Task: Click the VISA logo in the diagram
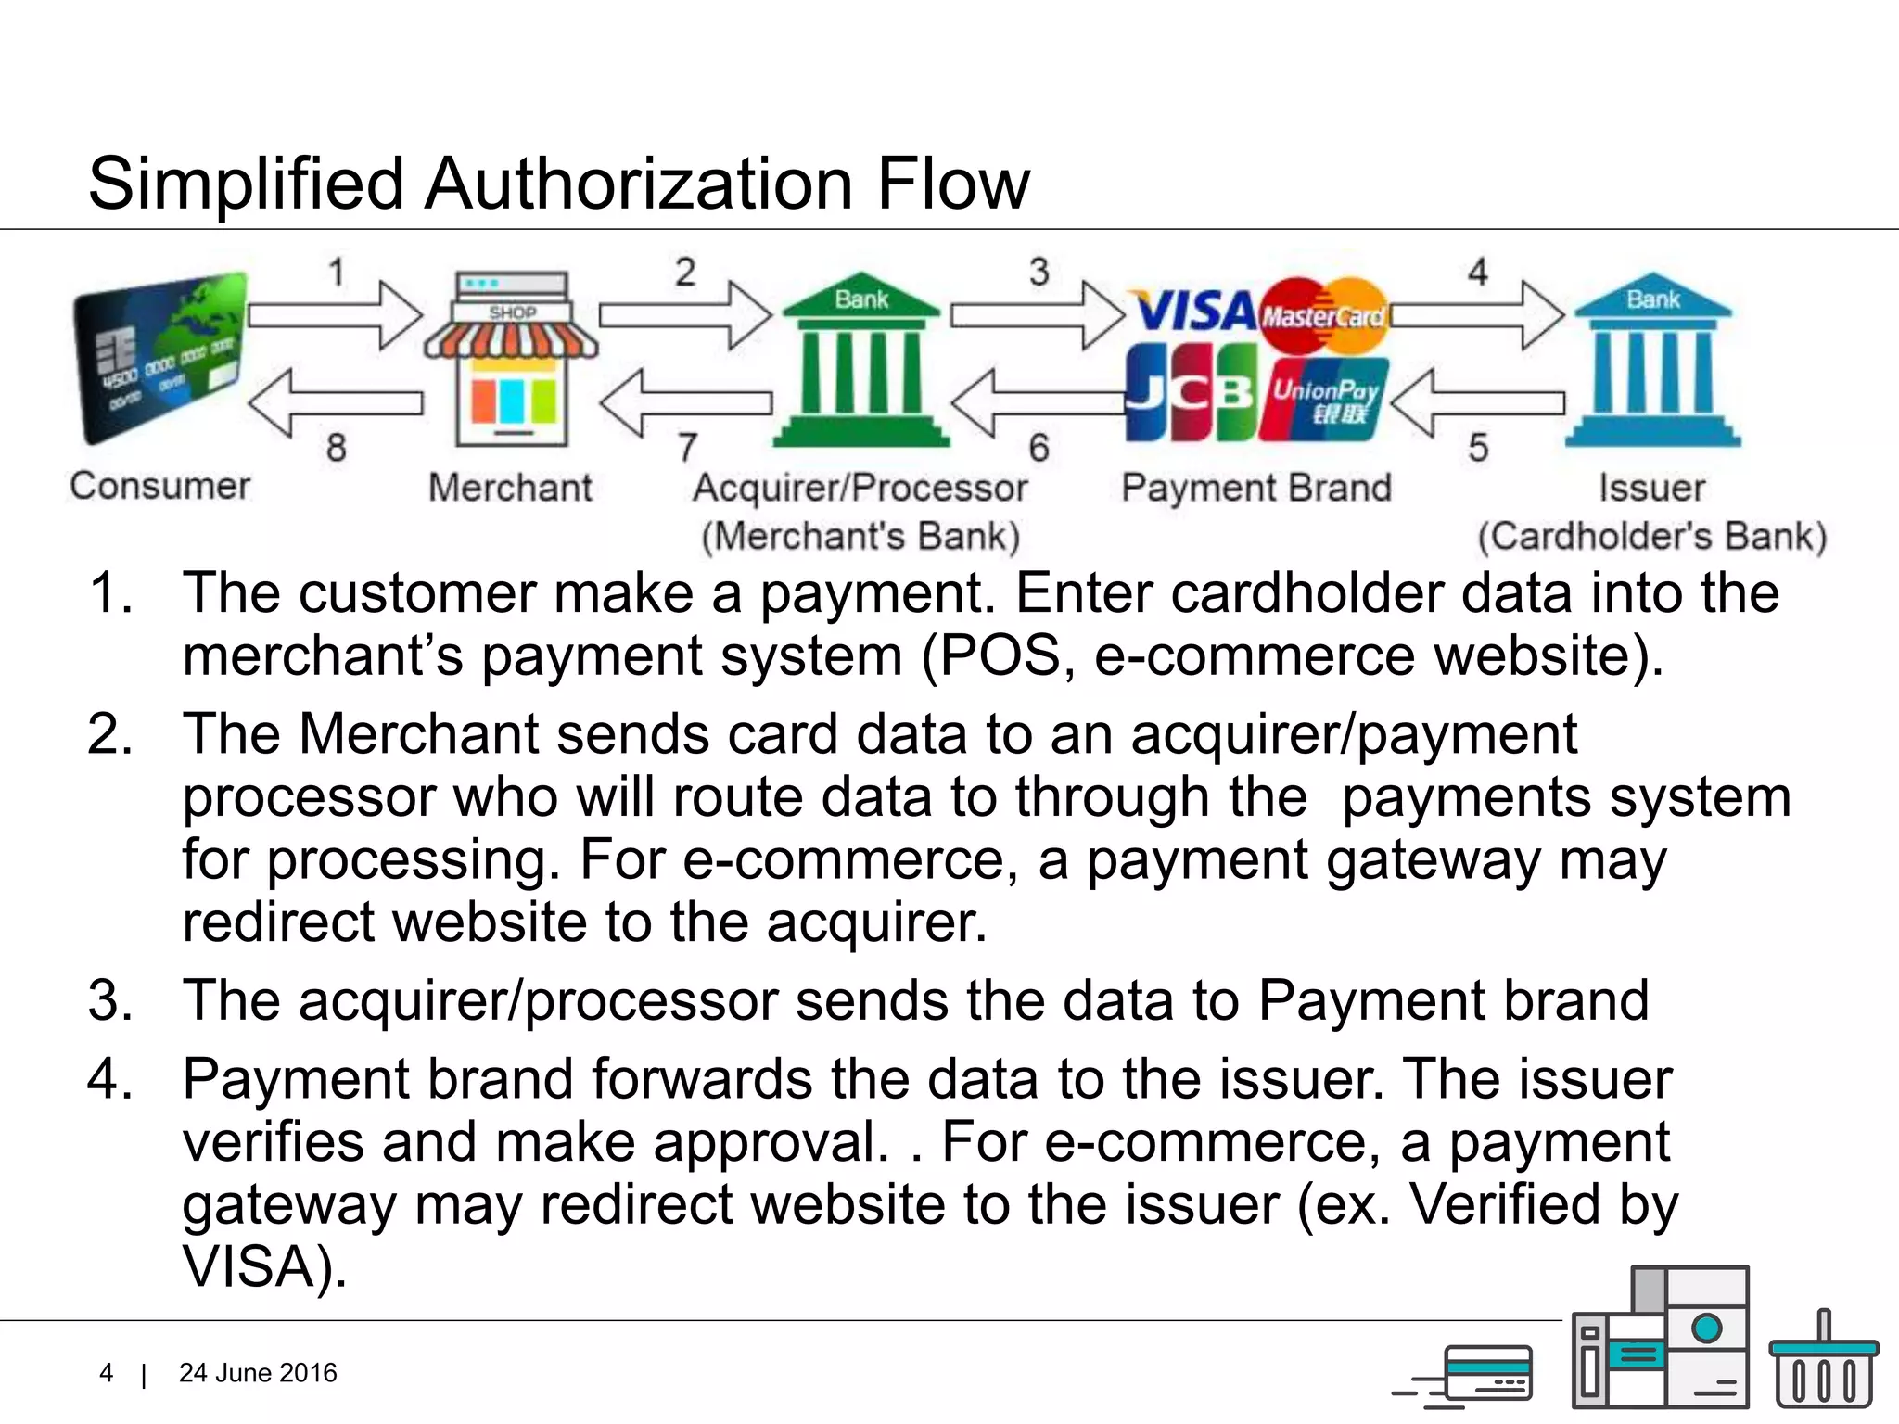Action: [1194, 311]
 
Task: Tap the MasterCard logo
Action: [1324, 315]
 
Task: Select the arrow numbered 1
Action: [335, 315]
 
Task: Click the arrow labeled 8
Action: [335, 402]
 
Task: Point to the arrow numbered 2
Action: [684, 315]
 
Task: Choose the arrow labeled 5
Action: [1477, 402]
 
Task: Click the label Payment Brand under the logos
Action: [1256, 488]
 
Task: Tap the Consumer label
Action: [160, 486]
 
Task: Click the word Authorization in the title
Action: [638, 184]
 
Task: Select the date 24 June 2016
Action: [258, 1373]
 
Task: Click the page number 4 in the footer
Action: [107, 1373]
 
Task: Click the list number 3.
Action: [110, 1001]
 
